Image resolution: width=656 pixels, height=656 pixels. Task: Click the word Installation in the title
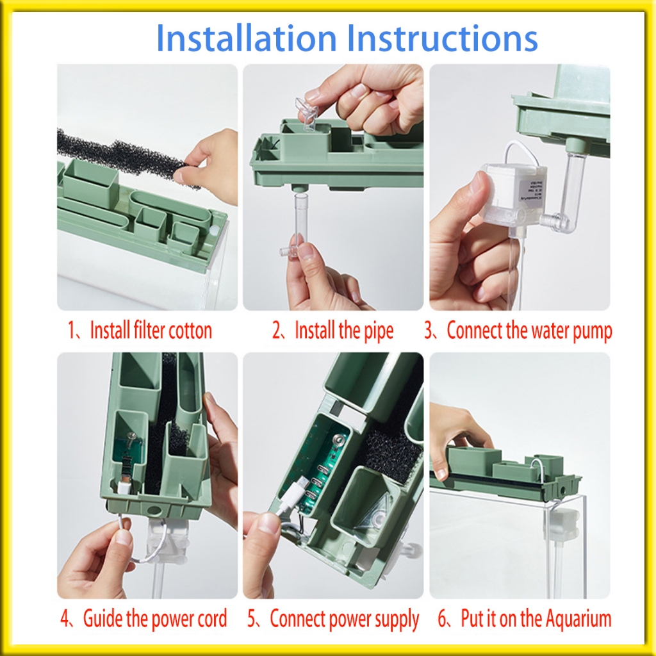246,38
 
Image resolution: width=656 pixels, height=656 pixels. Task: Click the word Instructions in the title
442,38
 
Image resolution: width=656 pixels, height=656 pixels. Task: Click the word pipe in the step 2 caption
378,331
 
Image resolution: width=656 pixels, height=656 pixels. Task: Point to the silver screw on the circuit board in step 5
338,439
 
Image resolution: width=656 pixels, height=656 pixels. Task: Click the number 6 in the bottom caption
442,619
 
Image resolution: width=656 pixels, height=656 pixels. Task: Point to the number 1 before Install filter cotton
71,331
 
